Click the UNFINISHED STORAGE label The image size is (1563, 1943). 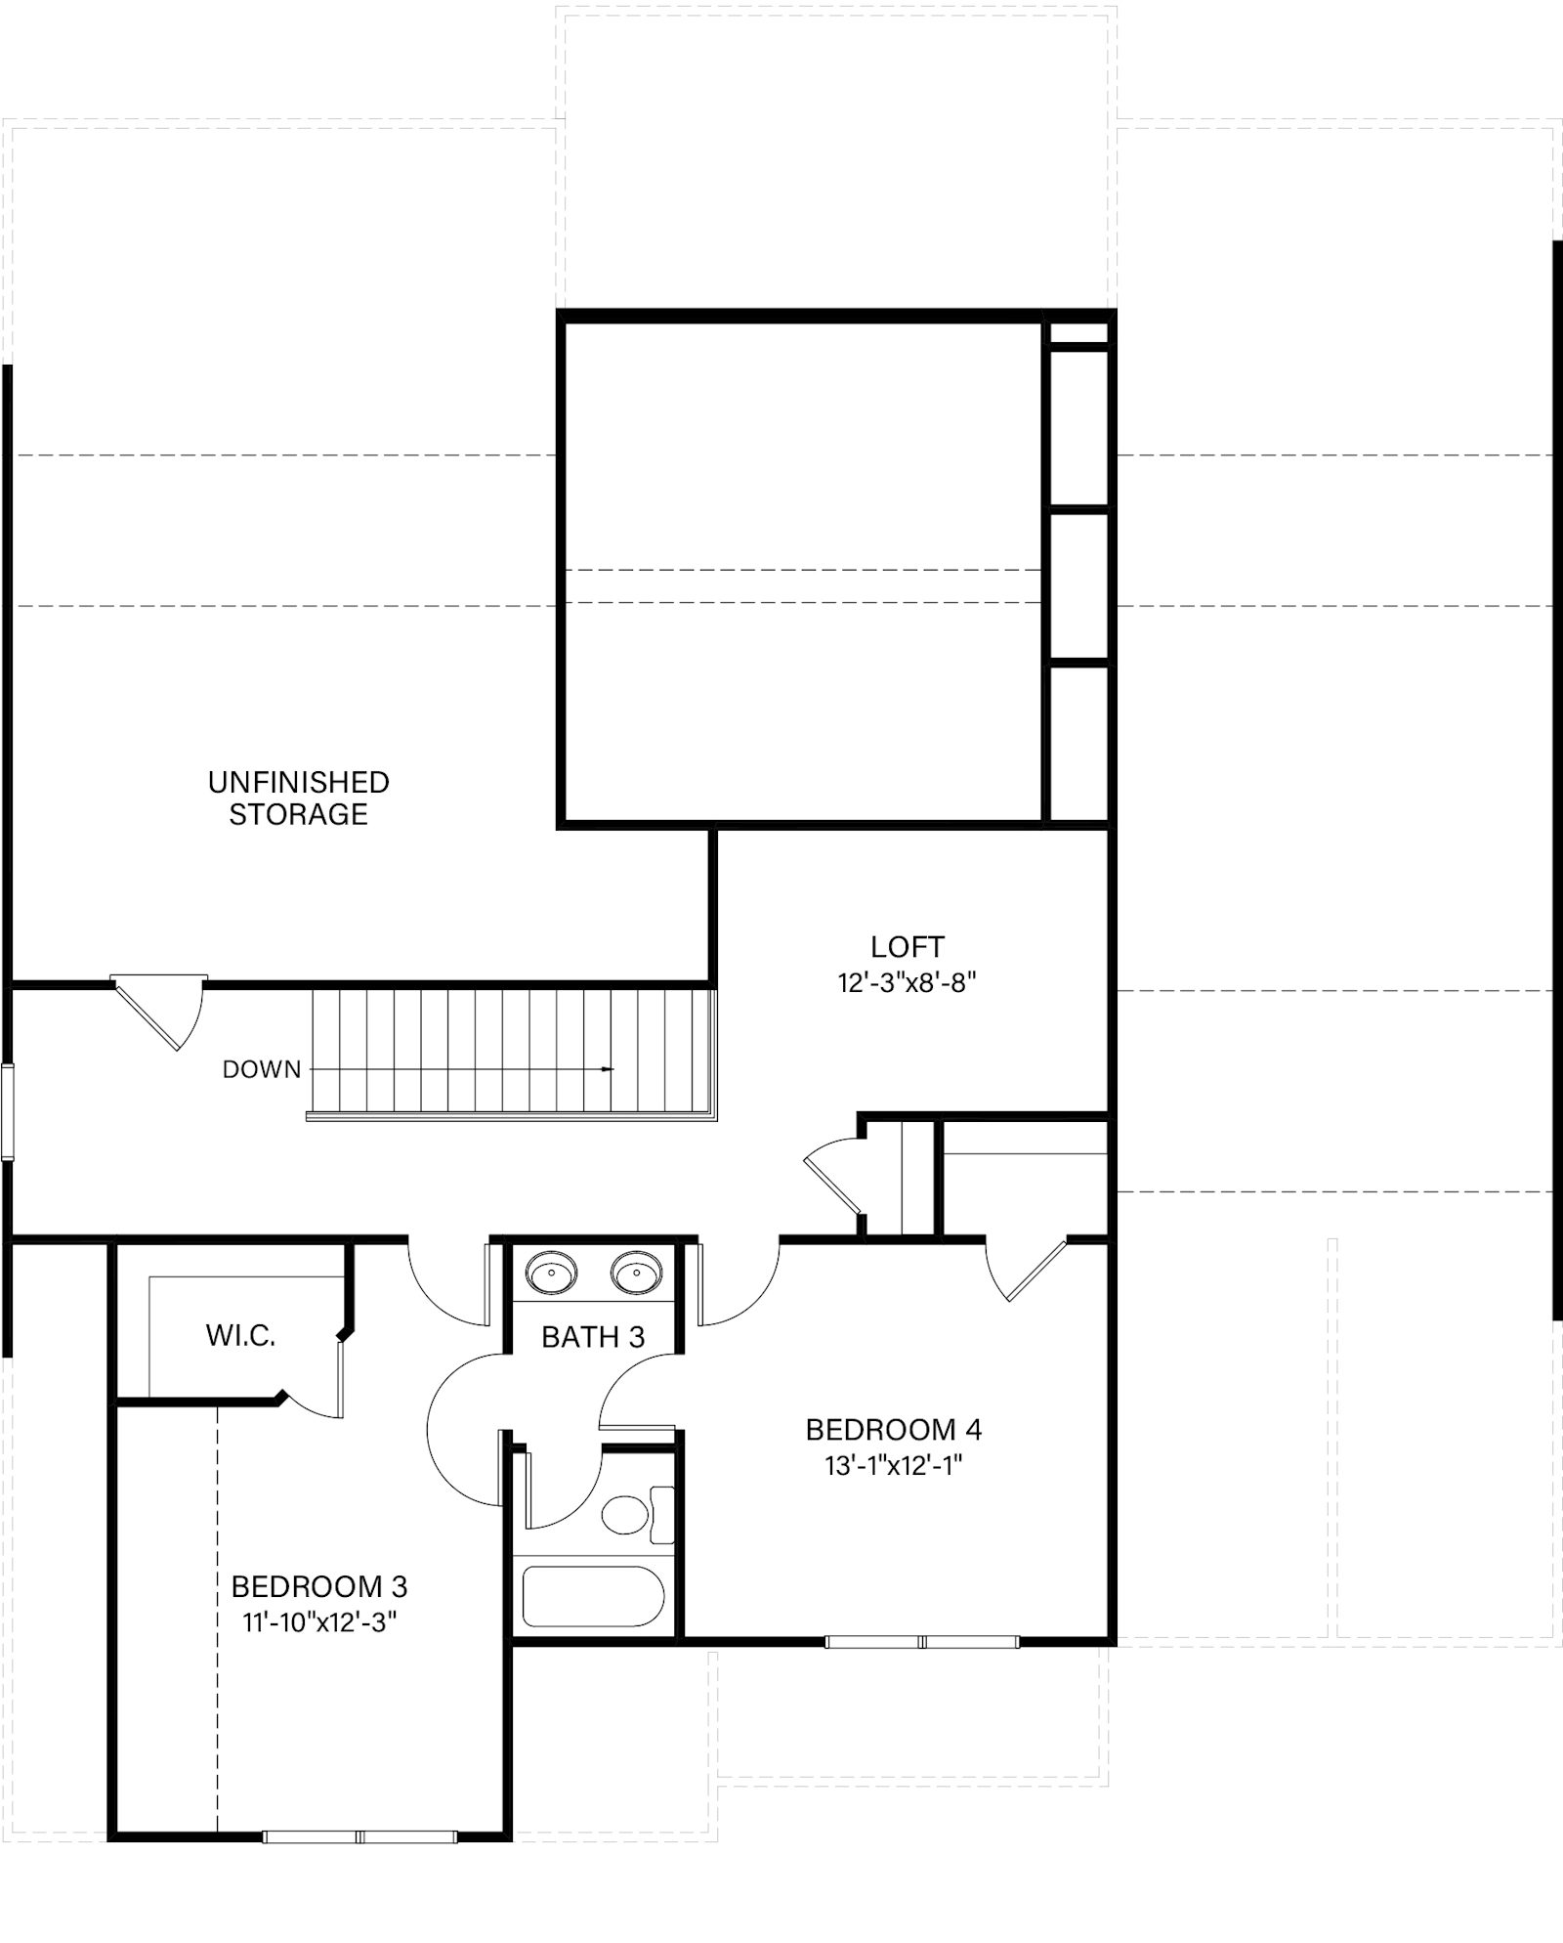(299, 798)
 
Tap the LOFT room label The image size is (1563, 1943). (908, 947)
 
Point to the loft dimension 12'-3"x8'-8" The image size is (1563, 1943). (908, 982)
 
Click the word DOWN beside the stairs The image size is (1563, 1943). (262, 1069)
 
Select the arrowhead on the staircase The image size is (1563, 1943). (609, 1069)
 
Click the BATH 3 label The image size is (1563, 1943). (593, 1337)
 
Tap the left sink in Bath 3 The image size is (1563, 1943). (552, 1274)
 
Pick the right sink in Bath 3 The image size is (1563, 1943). (637, 1274)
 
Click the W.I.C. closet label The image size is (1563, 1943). (240, 1336)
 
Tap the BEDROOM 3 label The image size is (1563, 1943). (319, 1585)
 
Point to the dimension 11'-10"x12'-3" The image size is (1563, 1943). (319, 1621)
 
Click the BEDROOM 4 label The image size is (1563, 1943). (894, 1430)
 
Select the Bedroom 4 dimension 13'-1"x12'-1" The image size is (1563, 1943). (894, 1466)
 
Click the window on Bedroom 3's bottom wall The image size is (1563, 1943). (360, 1837)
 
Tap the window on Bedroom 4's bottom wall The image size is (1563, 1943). (922, 1642)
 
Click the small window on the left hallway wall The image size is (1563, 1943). (8, 1113)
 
